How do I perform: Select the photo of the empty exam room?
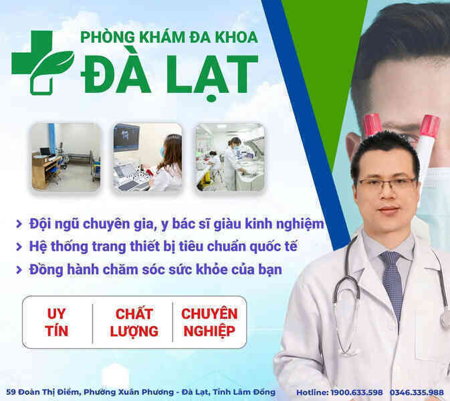[x=66, y=157]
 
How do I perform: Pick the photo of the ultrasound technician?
[x=148, y=157]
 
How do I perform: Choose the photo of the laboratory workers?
[x=229, y=157]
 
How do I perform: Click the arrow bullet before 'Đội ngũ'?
[x=19, y=224]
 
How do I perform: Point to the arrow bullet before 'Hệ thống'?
[x=19, y=247]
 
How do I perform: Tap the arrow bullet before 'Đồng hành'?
[x=19, y=269]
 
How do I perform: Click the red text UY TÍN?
[x=57, y=322]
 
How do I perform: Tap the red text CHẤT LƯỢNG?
[x=134, y=323]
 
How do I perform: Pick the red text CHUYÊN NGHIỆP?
[x=209, y=323]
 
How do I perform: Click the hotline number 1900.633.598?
[x=357, y=392]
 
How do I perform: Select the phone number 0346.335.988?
[x=417, y=392]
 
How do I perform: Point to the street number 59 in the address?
[x=11, y=392]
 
